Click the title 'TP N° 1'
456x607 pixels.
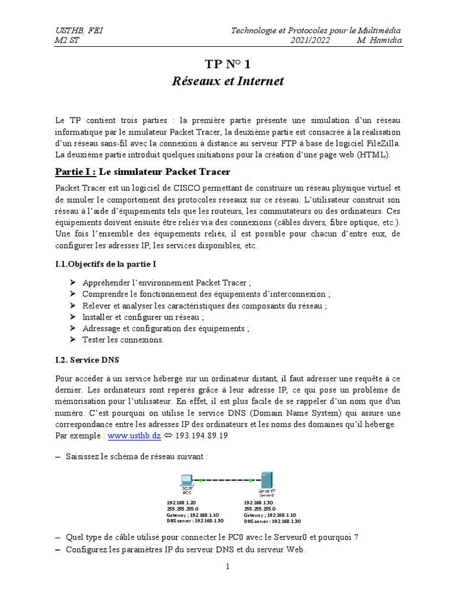point(228,65)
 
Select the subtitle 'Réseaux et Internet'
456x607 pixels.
point(228,81)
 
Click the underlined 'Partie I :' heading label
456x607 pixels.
point(75,172)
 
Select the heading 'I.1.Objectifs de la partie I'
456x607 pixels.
point(106,263)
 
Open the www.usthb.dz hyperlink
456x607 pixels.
point(134,435)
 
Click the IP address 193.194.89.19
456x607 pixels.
point(201,435)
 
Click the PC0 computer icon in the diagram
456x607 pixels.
point(186,481)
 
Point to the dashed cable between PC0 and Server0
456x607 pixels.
point(226,480)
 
